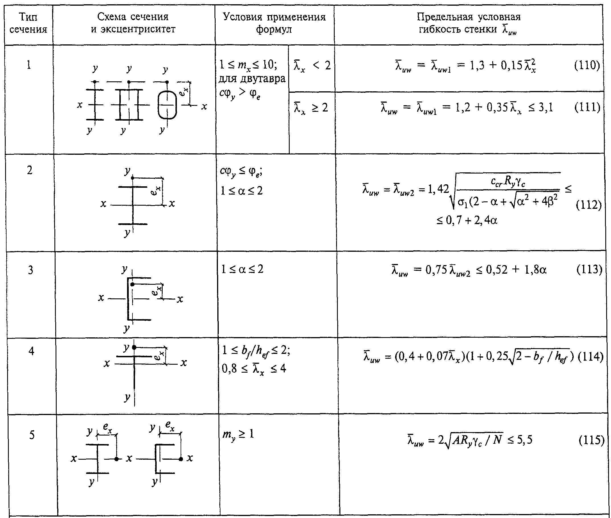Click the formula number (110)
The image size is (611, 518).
[x=587, y=65]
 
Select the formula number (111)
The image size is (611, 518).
[x=587, y=108]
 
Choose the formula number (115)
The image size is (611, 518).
[x=591, y=440]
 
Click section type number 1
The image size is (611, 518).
[x=29, y=65]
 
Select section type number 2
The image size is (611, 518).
[x=30, y=170]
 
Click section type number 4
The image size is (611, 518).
[x=31, y=351]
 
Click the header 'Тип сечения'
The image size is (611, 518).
[x=28, y=23]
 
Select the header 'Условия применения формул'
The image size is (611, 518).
[x=274, y=23]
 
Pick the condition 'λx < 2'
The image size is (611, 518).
[x=312, y=66]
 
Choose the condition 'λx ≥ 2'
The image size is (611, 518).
[x=311, y=108]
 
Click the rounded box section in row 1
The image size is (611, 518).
[x=167, y=105]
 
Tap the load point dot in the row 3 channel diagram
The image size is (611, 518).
[x=133, y=284]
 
